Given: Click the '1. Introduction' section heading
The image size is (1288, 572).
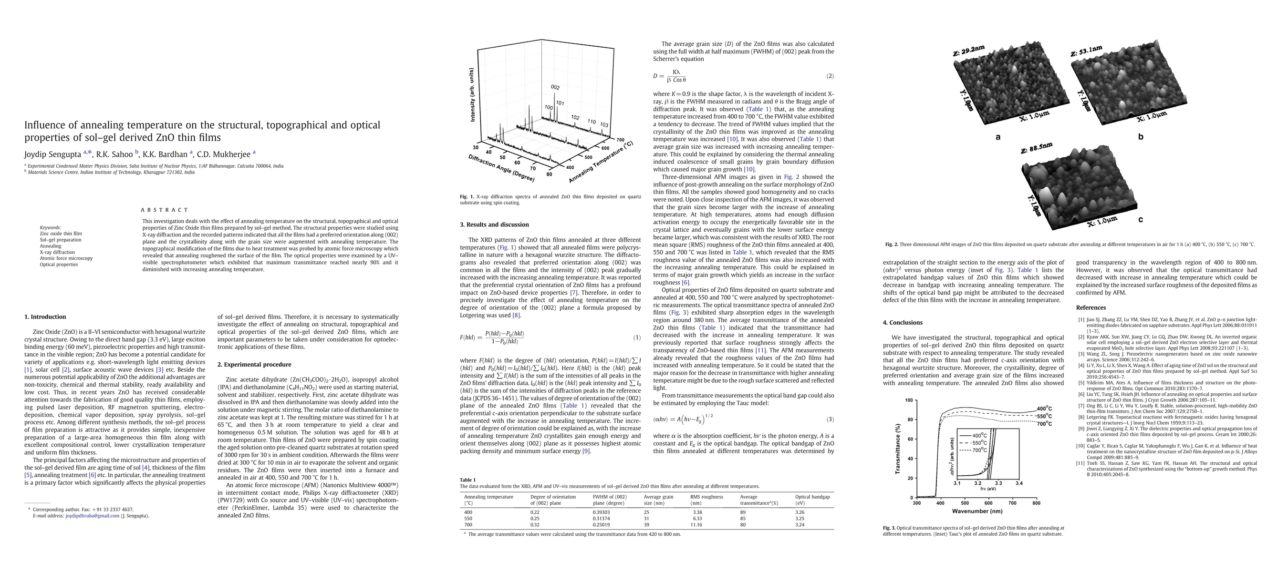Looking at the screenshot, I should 45,317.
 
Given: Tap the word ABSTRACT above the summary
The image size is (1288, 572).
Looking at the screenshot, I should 165,210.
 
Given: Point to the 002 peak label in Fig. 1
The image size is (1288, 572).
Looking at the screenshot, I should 555,87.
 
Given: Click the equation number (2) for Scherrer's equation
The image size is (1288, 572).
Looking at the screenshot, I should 830,76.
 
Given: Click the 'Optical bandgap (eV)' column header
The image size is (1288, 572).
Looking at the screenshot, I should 812,500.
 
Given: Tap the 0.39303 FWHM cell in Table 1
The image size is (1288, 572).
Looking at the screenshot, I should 601,512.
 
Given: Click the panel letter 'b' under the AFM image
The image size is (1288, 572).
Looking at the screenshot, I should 1141,136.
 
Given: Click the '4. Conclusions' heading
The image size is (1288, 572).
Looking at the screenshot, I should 903,322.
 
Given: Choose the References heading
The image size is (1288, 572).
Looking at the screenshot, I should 1091,307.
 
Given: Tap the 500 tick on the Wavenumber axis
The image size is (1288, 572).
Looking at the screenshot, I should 965,503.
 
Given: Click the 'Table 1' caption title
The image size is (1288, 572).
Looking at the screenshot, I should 467,480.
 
